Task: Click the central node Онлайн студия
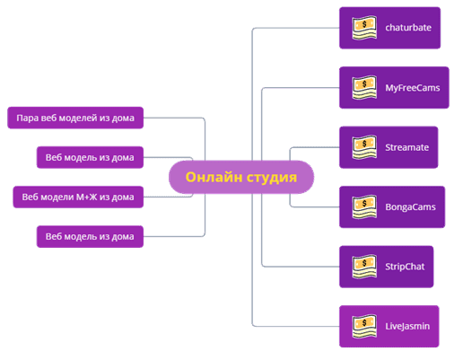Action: [241, 177]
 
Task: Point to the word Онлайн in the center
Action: [214, 177]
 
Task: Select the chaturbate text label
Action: [408, 28]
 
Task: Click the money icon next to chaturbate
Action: [364, 28]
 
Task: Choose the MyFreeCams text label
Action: [413, 88]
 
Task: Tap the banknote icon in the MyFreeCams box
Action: [364, 88]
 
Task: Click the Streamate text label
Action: [406, 147]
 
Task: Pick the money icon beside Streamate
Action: [364, 147]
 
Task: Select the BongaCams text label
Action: [410, 207]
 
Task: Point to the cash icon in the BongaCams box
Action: [364, 207]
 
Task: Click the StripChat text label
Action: [405, 267]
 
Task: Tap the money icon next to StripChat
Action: [364, 267]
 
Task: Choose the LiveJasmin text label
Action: [407, 326]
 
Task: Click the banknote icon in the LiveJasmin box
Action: [364, 326]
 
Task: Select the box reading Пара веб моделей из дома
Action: [75, 118]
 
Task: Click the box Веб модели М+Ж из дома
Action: [78, 197]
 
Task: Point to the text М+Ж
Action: [86, 197]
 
